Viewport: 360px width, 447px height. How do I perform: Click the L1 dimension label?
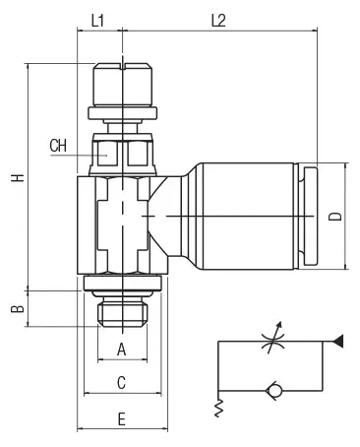[x=97, y=21]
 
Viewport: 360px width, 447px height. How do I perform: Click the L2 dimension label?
[x=218, y=21]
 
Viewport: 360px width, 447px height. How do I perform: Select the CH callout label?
[x=58, y=146]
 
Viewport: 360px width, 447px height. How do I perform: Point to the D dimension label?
[x=335, y=217]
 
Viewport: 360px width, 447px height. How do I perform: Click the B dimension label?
[x=18, y=309]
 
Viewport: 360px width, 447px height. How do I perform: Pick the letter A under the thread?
[x=122, y=350]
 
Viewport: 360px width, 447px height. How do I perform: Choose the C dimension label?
[x=122, y=382]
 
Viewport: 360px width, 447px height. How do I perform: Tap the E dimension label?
[x=122, y=419]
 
